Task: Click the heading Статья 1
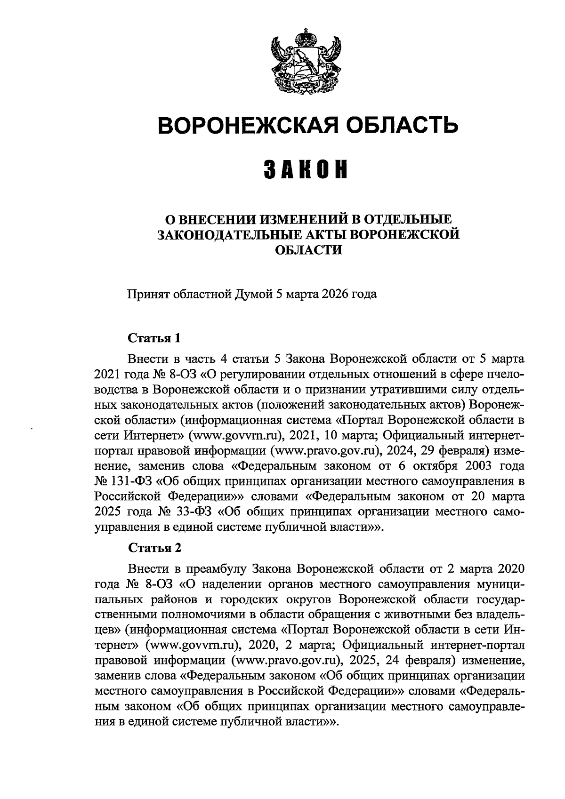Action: (x=154, y=338)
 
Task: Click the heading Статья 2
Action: (x=154, y=549)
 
